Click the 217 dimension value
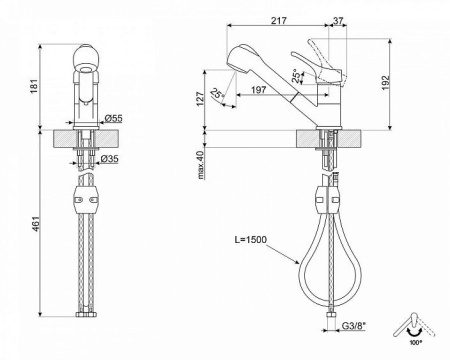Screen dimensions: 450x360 (278, 21)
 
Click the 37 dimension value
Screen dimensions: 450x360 (338, 21)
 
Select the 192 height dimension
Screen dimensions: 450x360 (385, 83)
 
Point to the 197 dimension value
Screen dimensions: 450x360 (259, 90)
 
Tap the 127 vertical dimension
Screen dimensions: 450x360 (200, 99)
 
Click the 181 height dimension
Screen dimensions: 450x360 (34, 86)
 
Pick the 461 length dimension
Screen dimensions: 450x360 (36, 223)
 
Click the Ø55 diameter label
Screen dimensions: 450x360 (113, 118)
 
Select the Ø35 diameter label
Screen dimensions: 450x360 (109, 159)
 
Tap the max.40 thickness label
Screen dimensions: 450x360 (200, 165)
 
